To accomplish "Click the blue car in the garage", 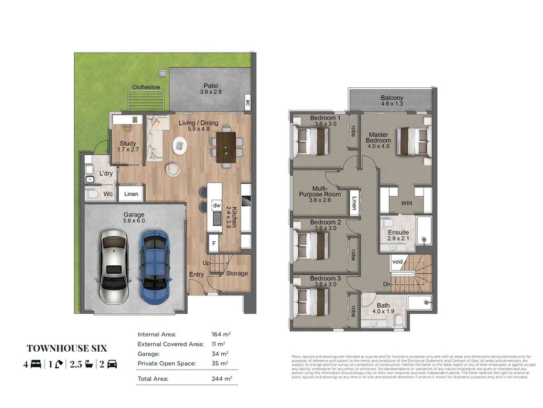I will pos(155,267).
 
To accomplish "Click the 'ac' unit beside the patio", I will pos(248,102).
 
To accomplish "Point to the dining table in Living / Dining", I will pos(226,146).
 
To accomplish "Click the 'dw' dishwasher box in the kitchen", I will pos(216,205).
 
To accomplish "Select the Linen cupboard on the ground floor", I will pos(131,194).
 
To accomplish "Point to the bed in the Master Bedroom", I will pos(414,141).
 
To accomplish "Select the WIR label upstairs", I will pos(406,204).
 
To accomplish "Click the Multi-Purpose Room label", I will pos(325,194).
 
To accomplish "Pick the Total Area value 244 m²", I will pos(221,379).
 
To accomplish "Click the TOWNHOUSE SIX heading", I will pos(67,348).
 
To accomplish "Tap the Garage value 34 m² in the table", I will pos(220,354).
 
